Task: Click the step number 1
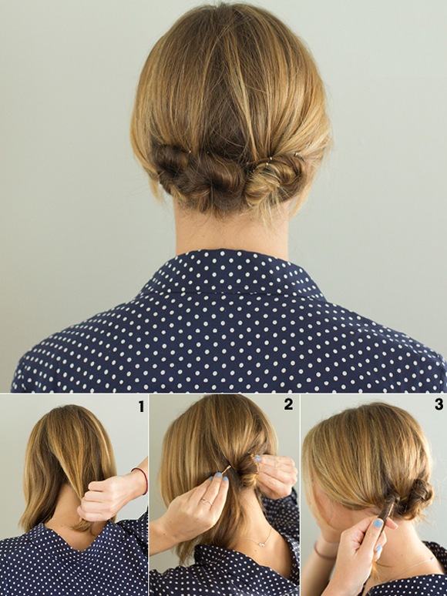click(x=141, y=407)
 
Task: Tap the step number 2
click(x=288, y=404)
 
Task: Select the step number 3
click(x=439, y=403)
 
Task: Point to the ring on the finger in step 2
click(x=207, y=502)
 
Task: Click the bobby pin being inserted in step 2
click(x=226, y=470)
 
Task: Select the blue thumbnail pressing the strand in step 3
click(x=378, y=523)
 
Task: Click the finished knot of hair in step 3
click(x=418, y=495)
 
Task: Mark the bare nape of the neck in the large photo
click(x=231, y=232)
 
